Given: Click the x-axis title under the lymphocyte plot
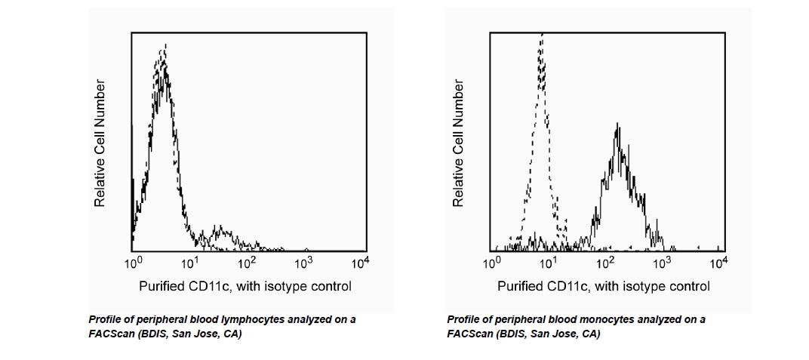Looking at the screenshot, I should [245, 287].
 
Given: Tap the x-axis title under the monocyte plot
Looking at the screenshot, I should [604, 287].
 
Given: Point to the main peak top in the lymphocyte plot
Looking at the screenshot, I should [164, 47].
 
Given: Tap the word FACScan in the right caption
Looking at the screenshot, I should [471, 334].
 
